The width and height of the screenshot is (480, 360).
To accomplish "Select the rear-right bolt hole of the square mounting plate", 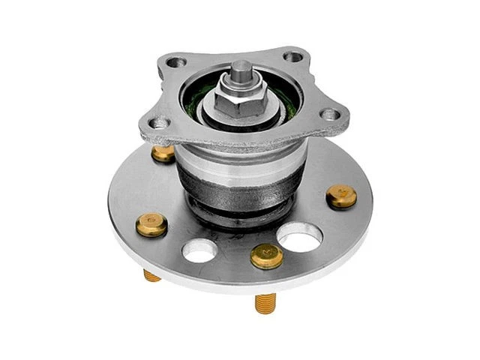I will coord(293,57).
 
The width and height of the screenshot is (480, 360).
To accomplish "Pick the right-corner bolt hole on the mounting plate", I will coord(328,115).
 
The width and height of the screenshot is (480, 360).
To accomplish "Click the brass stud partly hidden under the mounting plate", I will coord(163,154).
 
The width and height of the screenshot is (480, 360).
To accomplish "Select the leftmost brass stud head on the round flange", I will coord(152,224).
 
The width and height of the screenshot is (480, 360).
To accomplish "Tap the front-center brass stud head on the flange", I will coord(265,256).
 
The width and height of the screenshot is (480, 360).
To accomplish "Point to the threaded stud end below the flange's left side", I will coord(152,275).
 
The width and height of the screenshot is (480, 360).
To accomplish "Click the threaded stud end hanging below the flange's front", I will coord(265,302).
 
